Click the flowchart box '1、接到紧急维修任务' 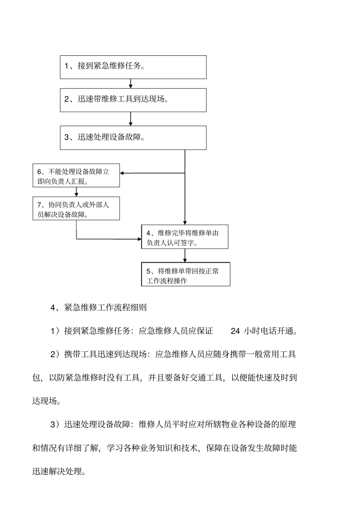(x=133, y=67)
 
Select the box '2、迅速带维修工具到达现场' (x=133, y=100)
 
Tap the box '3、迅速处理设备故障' (x=133, y=138)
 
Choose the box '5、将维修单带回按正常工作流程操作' (x=186, y=274)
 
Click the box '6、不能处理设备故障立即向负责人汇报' (x=76, y=175)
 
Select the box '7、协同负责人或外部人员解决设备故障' (x=76, y=208)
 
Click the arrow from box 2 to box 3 (x=131, y=119)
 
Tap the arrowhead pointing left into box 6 (x=122, y=173)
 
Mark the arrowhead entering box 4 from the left (x=139, y=239)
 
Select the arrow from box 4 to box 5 (x=185, y=256)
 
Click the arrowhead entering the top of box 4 (x=185, y=223)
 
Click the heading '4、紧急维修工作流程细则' (x=99, y=308)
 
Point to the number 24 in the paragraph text (x=235, y=331)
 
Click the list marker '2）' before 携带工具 (x=55, y=355)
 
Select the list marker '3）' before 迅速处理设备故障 (x=55, y=424)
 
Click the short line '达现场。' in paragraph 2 (x=47, y=401)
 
